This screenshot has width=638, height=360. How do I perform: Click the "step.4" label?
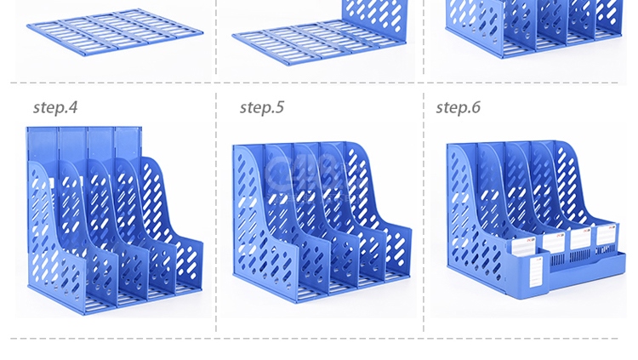55,107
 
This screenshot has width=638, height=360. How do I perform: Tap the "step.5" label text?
262,107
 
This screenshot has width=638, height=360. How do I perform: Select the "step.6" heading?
459,107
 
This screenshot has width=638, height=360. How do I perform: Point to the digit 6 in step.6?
476,107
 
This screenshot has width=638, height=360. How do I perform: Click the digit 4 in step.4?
73,107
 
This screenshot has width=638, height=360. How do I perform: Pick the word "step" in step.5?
255,108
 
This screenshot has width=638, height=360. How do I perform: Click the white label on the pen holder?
537,271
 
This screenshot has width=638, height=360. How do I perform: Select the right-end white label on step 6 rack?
607,235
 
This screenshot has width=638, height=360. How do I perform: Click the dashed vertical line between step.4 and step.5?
216,212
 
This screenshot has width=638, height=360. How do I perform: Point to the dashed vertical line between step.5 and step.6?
424,212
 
